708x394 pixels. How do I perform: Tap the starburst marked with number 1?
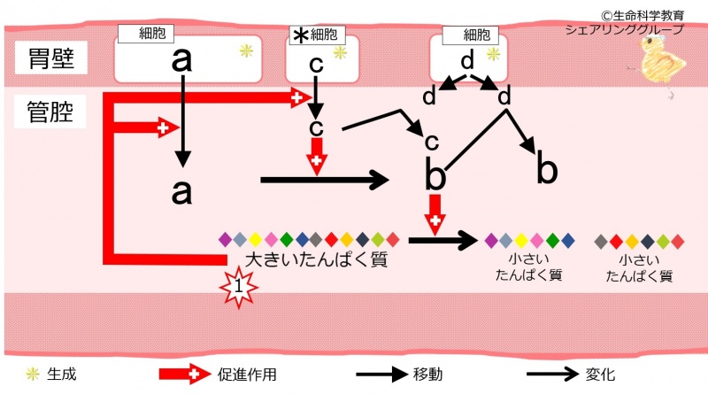pyautogui.click(x=236, y=286)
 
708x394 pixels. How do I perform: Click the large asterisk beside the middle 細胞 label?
pyautogui.click(x=300, y=35)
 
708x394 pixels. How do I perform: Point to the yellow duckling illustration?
pyautogui.click(x=656, y=63)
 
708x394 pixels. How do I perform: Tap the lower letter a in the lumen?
pyautogui.click(x=181, y=191)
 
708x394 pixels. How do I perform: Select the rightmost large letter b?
pyautogui.click(x=547, y=170)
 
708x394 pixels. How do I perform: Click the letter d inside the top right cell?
pyautogui.click(x=467, y=60)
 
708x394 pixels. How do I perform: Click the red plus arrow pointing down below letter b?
pyautogui.click(x=435, y=213)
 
